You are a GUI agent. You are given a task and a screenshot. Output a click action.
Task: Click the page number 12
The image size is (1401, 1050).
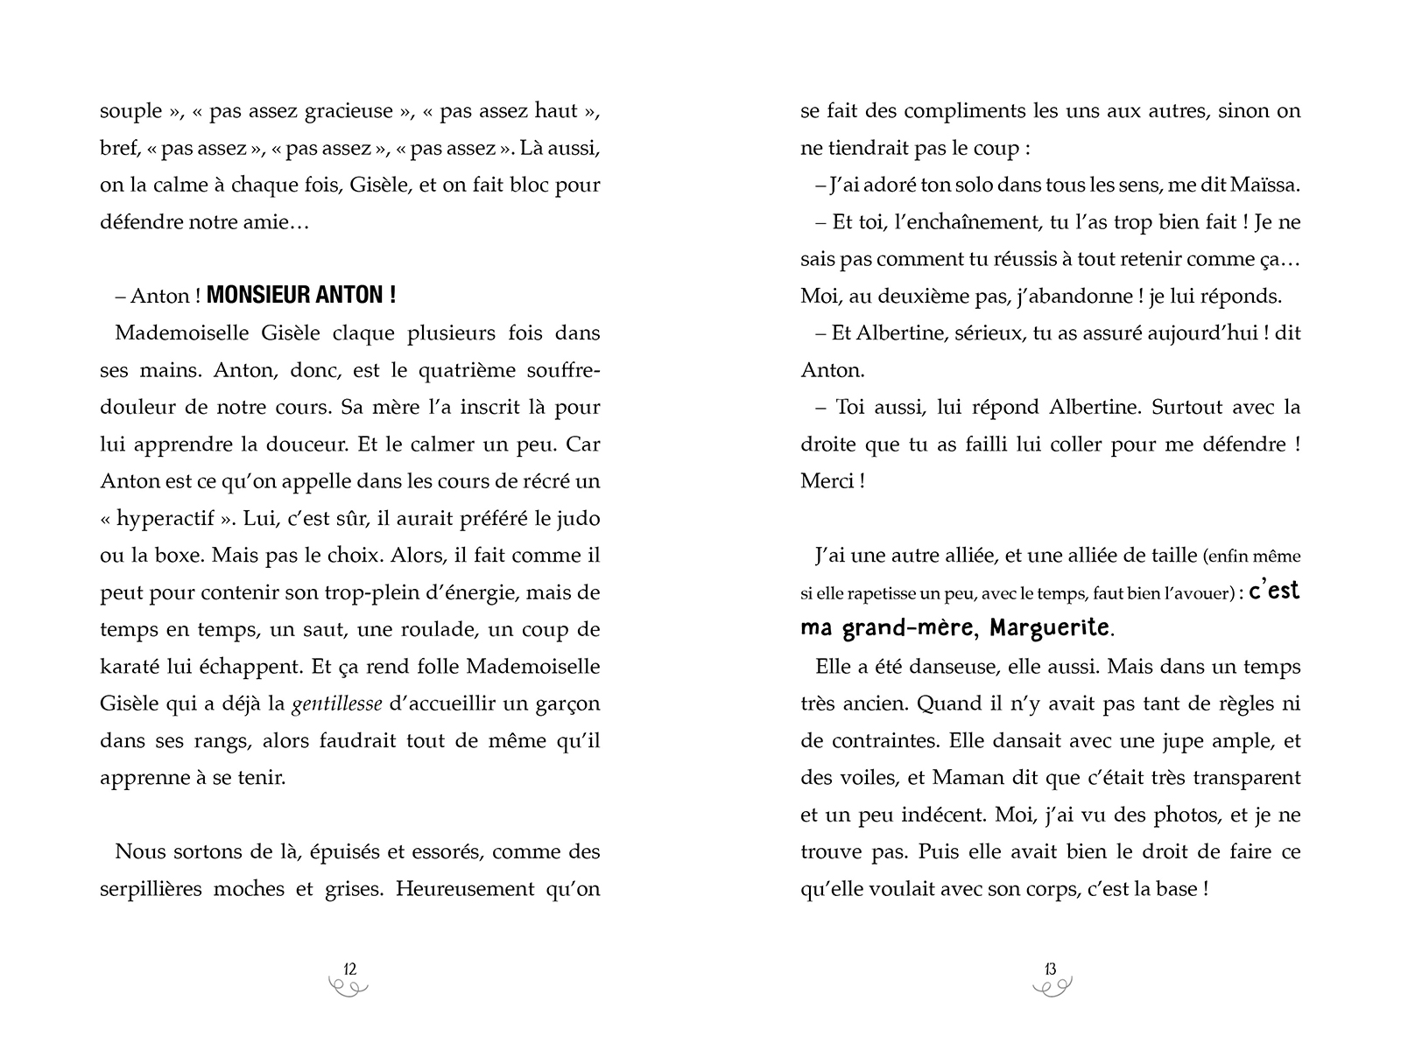tap(349, 969)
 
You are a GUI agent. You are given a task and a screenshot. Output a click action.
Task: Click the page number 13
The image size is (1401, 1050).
tap(1050, 969)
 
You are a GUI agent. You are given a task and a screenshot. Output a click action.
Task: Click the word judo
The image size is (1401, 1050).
tap(579, 518)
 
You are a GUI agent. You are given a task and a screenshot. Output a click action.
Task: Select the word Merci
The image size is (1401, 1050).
tap(826, 481)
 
